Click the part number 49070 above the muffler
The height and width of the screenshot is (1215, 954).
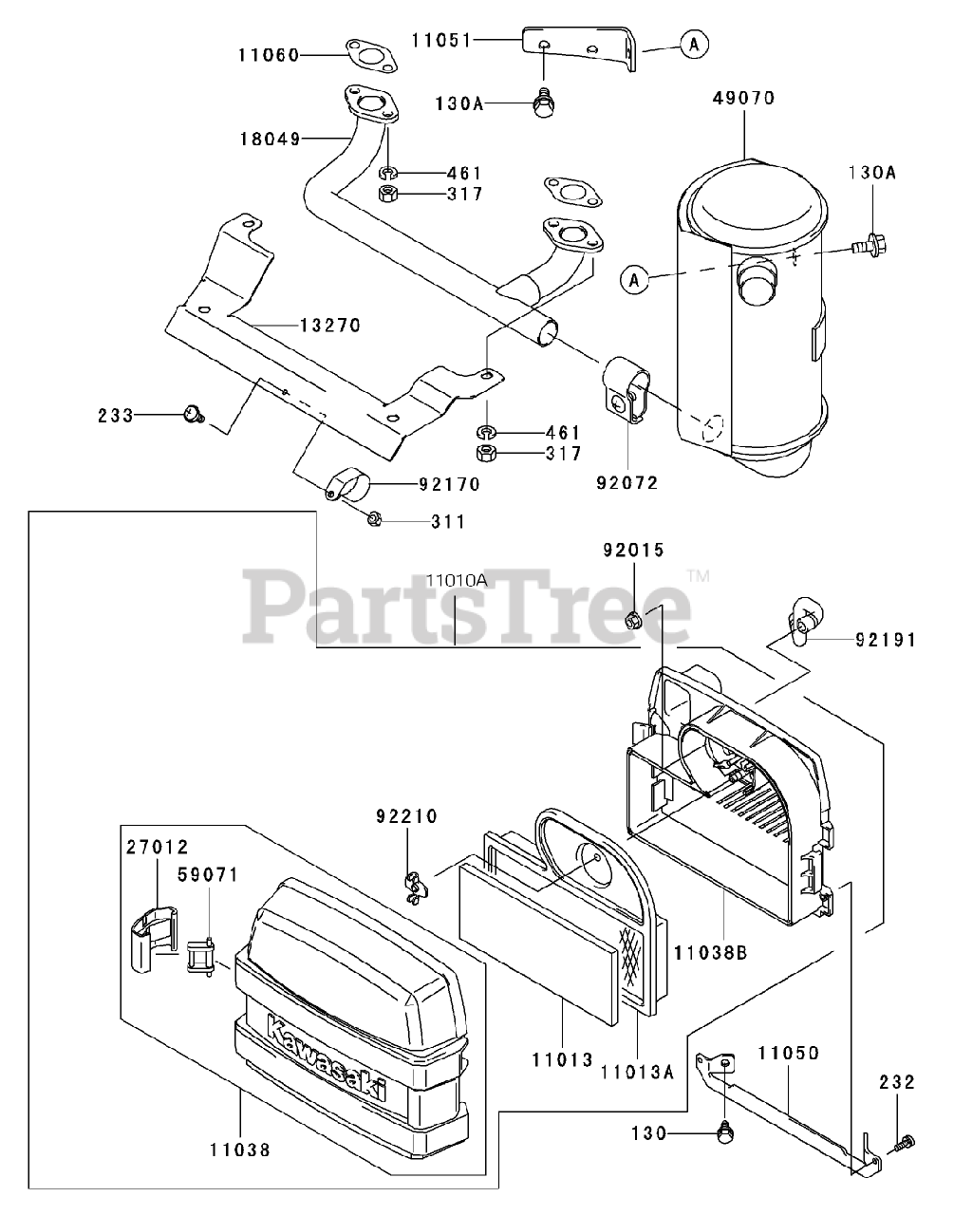click(x=744, y=98)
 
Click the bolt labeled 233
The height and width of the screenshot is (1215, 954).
click(x=194, y=414)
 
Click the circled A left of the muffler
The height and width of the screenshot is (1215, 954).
click(x=634, y=278)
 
